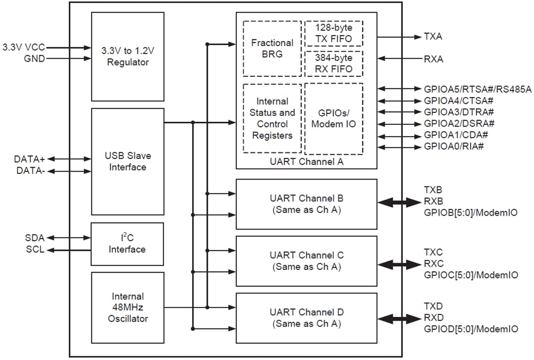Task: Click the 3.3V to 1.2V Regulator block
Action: (x=128, y=56)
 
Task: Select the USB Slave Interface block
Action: (x=128, y=161)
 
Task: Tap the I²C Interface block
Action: (x=128, y=244)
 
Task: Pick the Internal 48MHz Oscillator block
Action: (x=128, y=307)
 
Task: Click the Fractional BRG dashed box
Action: (x=272, y=49)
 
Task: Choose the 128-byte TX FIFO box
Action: (x=334, y=33)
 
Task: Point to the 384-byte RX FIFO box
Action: (x=334, y=63)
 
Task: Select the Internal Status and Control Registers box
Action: (x=272, y=118)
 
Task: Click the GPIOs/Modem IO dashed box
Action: (x=334, y=118)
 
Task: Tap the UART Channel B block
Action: (x=306, y=204)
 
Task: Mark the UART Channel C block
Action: (x=306, y=261)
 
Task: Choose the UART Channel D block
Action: (x=306, y=318)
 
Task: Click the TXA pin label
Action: (x=433, y=37)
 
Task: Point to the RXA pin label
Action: (x=434, y=59)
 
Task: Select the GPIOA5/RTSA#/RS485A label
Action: (x=478, y=89)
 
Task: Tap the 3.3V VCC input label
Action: (x=24, y=48)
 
